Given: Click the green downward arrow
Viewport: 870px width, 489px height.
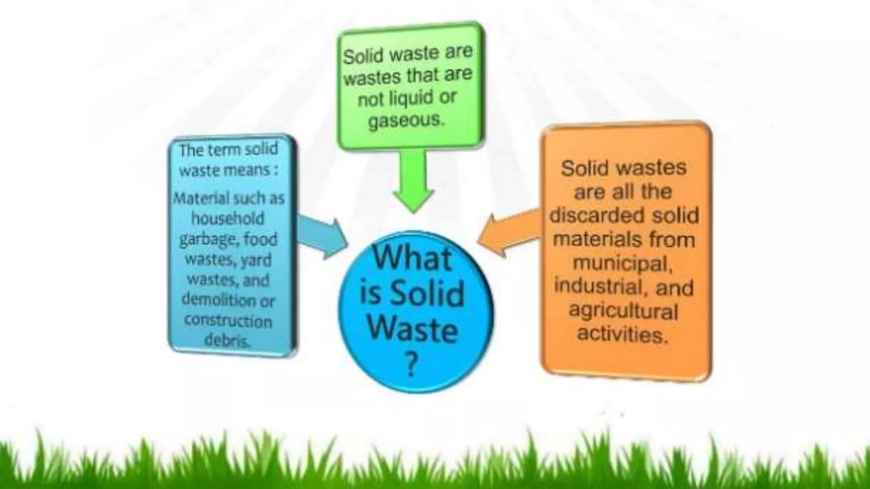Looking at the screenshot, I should coord(412,183).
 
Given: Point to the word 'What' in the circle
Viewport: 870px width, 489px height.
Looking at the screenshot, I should coord(412,258).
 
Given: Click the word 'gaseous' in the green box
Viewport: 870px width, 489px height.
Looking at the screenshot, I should coord(406,121).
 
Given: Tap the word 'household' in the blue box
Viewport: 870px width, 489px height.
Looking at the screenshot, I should coord(228,218).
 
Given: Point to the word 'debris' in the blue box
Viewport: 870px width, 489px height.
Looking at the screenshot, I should coord(227,340).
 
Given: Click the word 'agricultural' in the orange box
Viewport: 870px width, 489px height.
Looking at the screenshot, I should coord(623,311).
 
